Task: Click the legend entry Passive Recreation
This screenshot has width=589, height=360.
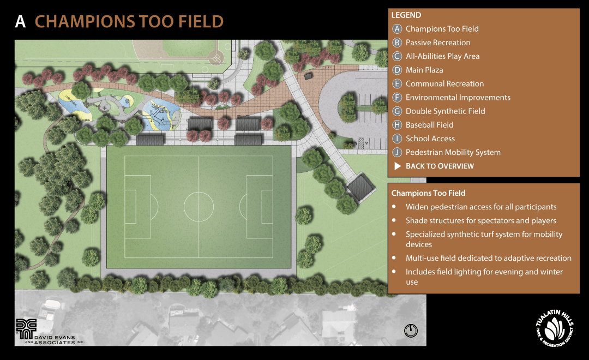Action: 437,43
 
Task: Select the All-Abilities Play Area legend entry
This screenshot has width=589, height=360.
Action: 442,56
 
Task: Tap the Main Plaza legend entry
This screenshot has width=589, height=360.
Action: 424,70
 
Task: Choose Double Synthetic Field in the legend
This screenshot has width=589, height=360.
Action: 445,111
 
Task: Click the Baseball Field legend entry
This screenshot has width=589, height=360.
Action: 429,125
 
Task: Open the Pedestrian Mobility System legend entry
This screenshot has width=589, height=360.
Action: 453,152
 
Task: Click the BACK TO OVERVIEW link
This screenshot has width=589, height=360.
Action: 439,166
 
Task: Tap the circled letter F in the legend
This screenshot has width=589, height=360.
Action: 398,98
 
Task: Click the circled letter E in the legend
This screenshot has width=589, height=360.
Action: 398,84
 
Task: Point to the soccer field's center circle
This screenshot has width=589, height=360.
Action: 199,206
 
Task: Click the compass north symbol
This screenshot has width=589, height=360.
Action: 411,331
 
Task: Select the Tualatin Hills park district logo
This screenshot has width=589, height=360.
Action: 554,328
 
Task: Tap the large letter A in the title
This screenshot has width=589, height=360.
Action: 20,22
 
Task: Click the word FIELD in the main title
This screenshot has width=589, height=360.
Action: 200,22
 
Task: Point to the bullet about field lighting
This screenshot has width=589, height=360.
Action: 484,277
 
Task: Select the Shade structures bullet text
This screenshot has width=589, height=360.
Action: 480,220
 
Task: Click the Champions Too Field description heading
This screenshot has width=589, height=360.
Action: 428,193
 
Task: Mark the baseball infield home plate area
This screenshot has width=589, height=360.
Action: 217,57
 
